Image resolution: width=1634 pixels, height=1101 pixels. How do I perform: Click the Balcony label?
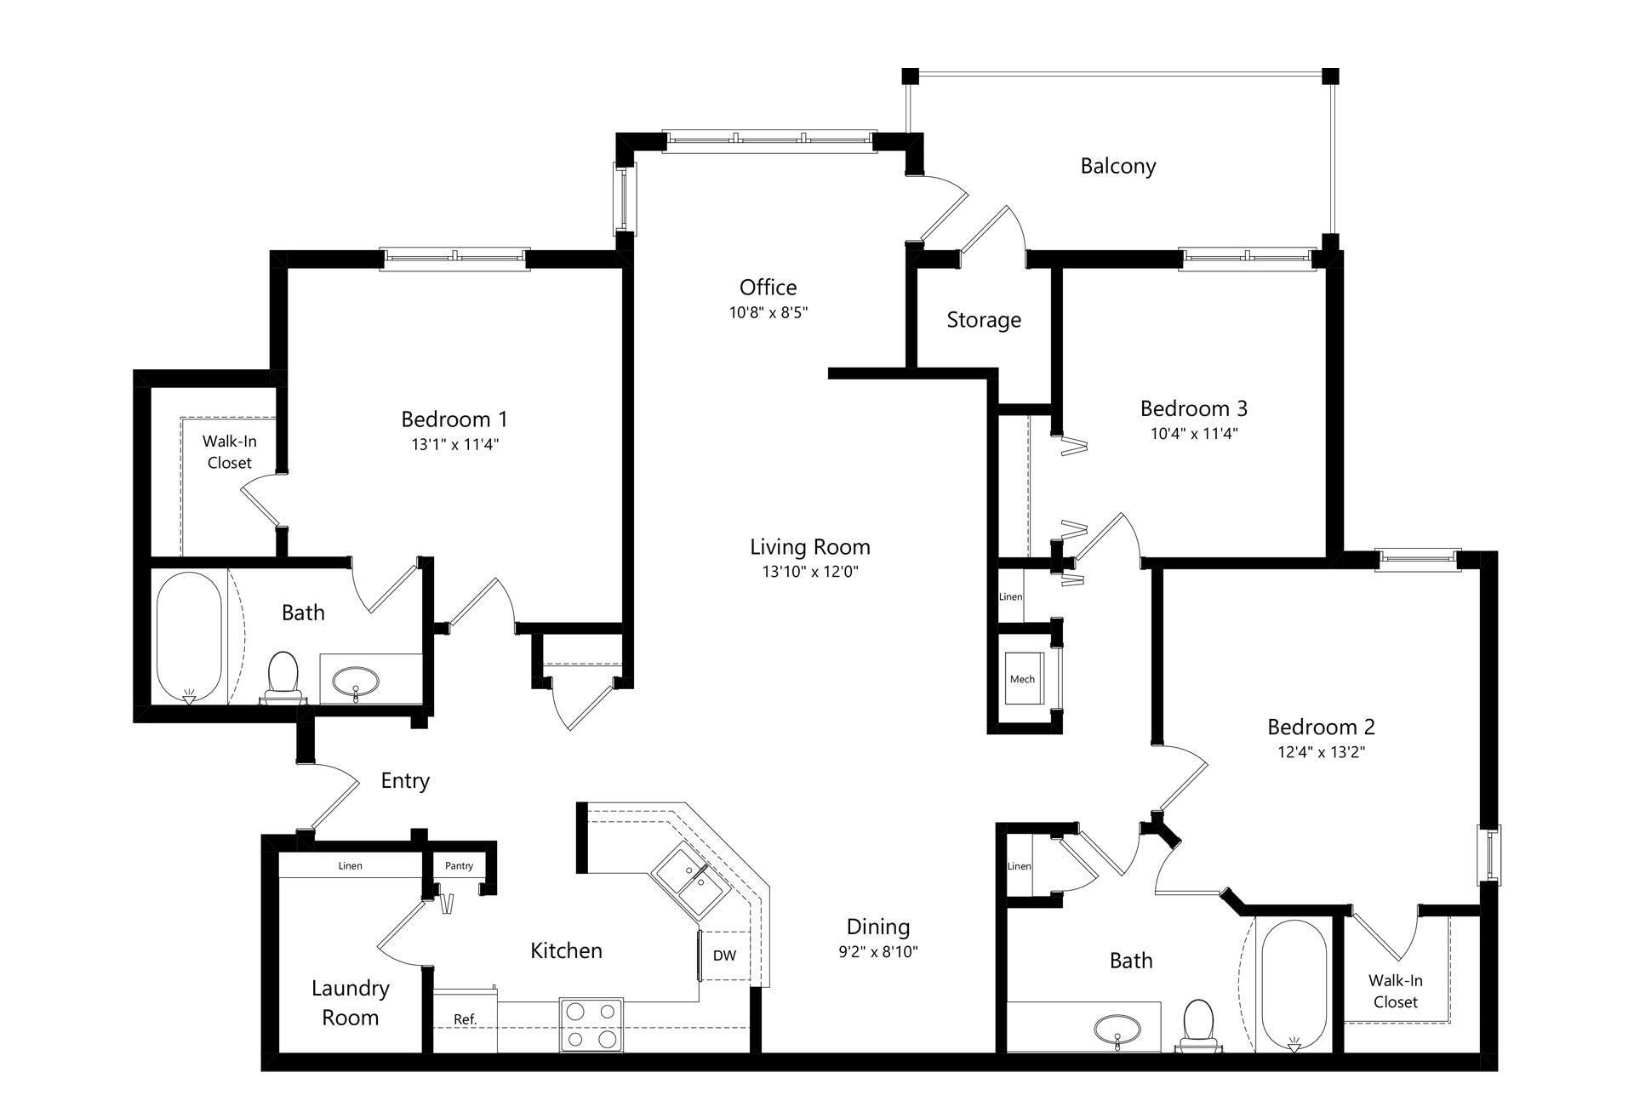point(1117,166)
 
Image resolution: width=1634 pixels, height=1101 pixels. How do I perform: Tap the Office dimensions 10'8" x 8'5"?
point(768,312)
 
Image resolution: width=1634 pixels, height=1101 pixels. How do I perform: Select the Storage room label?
point(984,320)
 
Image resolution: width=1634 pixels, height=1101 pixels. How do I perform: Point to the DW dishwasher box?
point(724,955)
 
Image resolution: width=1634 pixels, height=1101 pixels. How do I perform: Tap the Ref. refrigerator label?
point(465,1019)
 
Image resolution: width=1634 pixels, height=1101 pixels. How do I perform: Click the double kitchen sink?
point(692,880)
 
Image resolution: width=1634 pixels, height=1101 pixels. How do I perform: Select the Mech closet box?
point(1022,678)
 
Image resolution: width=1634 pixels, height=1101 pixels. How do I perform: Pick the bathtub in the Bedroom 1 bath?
point(189,636)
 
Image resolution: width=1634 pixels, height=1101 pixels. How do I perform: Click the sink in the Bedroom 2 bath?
point(1117,1029)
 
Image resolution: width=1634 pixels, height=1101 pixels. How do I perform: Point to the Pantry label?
point(459,865)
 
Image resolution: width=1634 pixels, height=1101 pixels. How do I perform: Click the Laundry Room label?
point(350,1002)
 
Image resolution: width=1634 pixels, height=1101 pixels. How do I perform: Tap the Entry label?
point(405,780)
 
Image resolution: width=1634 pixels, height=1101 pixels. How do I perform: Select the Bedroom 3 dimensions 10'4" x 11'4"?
point(1193,433)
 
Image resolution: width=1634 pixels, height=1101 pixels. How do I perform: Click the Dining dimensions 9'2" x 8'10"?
point(877,951)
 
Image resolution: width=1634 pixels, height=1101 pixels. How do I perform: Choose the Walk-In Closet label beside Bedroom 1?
point(229,452)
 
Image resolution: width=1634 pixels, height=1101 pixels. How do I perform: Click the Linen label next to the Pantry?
point(350,865)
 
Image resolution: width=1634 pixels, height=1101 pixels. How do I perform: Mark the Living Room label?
point(809,546)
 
